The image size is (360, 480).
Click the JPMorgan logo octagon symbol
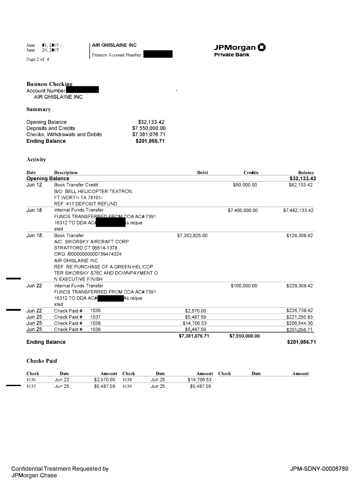pos(262,48)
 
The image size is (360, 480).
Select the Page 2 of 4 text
pos(38,59)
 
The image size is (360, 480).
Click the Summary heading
pos(38,109)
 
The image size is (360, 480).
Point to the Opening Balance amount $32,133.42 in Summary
pos(151,122)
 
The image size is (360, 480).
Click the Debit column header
pos(202,173)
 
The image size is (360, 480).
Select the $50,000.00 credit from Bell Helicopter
pos(245,185)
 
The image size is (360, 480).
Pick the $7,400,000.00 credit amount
pos(243,211)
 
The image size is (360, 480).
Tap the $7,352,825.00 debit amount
pos(192,236)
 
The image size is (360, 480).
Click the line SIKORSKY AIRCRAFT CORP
pos(91,242)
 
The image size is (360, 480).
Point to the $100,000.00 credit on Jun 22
pos(244,286)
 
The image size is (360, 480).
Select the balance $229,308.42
pos(300,286)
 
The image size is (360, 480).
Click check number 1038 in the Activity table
pos(95,323)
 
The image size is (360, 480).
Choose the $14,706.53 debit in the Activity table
pos(195,323)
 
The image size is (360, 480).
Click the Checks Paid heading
pos(41,361)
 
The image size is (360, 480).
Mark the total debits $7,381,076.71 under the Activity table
pos(194,336)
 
